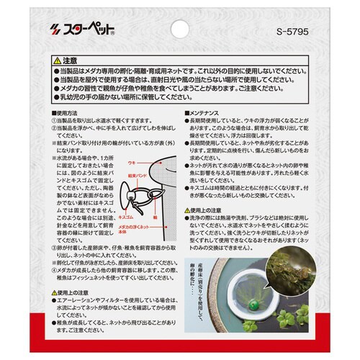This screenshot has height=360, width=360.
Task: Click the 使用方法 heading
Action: [66, 114]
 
